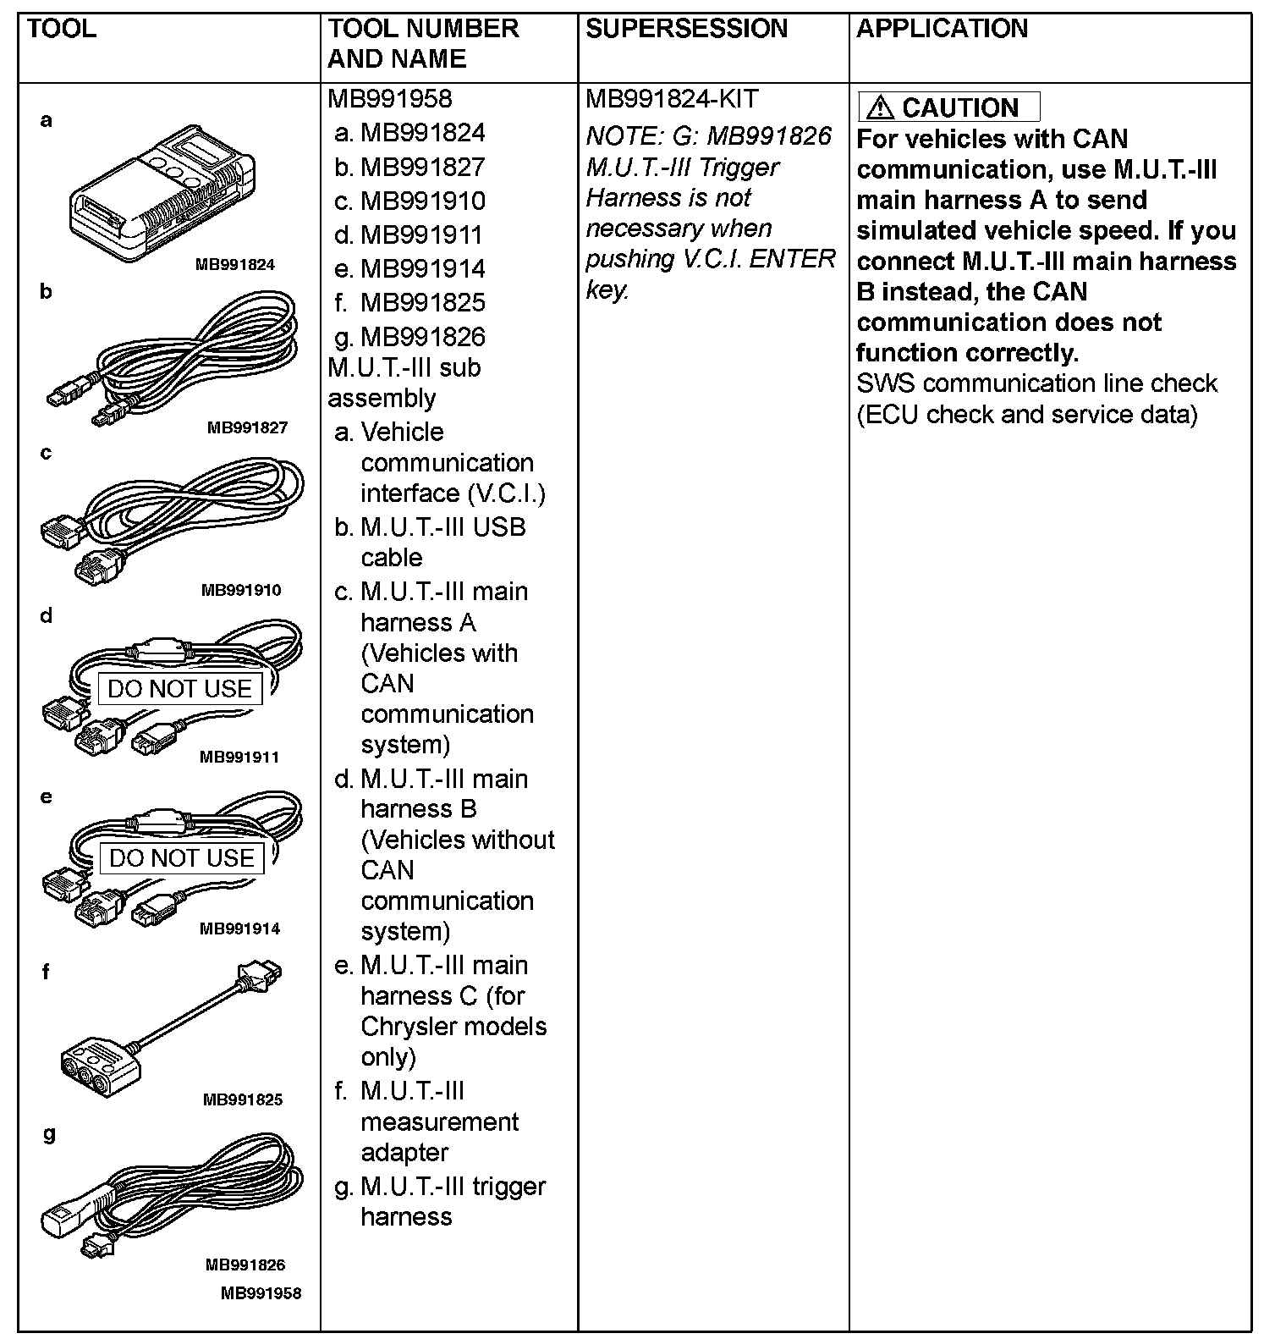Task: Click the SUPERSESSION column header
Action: (x=686, y=29)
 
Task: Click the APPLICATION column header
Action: (x=942, y=29)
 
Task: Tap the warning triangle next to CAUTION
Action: (x=880, y=107)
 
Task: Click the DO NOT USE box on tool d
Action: (x=179, y=689)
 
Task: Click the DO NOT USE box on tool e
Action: (x=181, y=858)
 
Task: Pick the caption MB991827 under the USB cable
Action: (x=247, y=428)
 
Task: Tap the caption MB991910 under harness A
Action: (x=241, y=590)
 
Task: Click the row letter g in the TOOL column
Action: (x=49, y=1134)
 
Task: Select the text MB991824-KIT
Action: (x=672, y=99)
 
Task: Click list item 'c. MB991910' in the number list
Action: (x=410, y=201)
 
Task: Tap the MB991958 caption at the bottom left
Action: (x=261, y=1293)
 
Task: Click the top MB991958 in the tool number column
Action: (x=390, y=99)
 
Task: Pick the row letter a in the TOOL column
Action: (x=47, y=121)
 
